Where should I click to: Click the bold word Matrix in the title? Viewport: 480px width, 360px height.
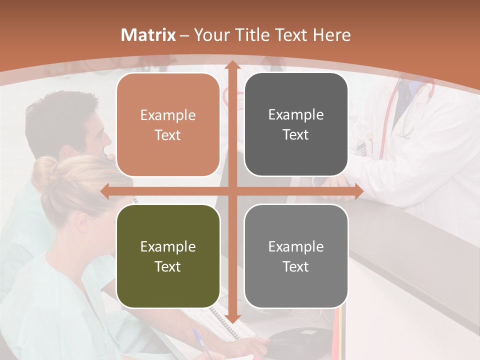point(148,35)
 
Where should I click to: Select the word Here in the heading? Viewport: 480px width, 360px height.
point(331,35)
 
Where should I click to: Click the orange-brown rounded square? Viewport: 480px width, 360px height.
point(168,125)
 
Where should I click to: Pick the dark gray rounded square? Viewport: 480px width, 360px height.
point(296,124)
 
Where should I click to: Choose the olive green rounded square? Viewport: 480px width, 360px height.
point(168,256)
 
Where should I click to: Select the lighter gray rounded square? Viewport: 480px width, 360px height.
point(296,256)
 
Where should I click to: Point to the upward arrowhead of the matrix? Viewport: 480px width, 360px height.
point(232,65)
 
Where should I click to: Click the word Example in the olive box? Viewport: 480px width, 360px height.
point(168,246)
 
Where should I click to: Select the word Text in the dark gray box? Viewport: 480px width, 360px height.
point(296,134)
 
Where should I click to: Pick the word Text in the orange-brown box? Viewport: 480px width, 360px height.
point(168,135)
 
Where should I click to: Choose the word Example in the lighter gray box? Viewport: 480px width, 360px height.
point(296,246)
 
